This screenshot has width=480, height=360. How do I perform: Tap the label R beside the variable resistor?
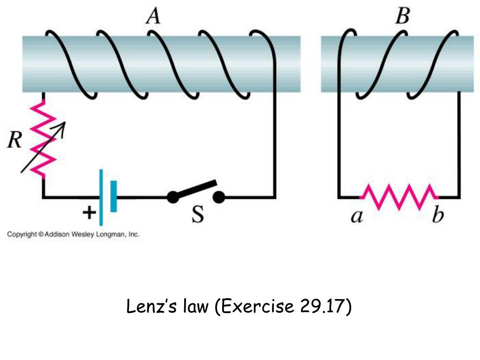point(15,139)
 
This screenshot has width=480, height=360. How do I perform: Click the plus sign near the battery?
point(88,213)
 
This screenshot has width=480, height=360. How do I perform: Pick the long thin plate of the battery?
point(101,197)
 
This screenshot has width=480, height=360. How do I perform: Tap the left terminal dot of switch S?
point(173,197)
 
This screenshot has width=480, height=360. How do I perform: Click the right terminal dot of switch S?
point(218,197)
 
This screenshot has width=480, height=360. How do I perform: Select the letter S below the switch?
point(198,214)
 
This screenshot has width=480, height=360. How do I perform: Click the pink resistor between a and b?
point(399,197)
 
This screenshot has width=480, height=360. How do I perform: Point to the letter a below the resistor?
point(357,217)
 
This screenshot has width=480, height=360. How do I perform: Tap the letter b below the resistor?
point(437,216)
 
